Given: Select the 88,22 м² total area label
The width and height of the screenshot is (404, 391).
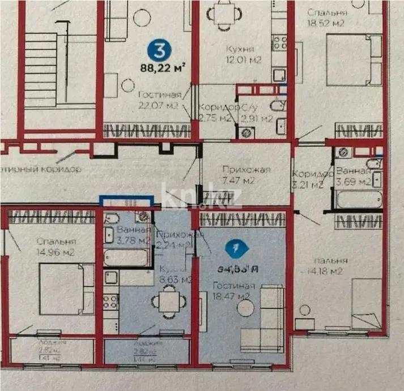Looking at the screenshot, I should coord(164,70).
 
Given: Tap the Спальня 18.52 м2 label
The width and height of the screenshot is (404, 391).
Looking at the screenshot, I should coord(325,18).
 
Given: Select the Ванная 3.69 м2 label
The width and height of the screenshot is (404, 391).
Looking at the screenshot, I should coord(353,177).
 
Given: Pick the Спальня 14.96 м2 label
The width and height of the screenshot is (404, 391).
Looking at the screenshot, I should coord(38,247).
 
